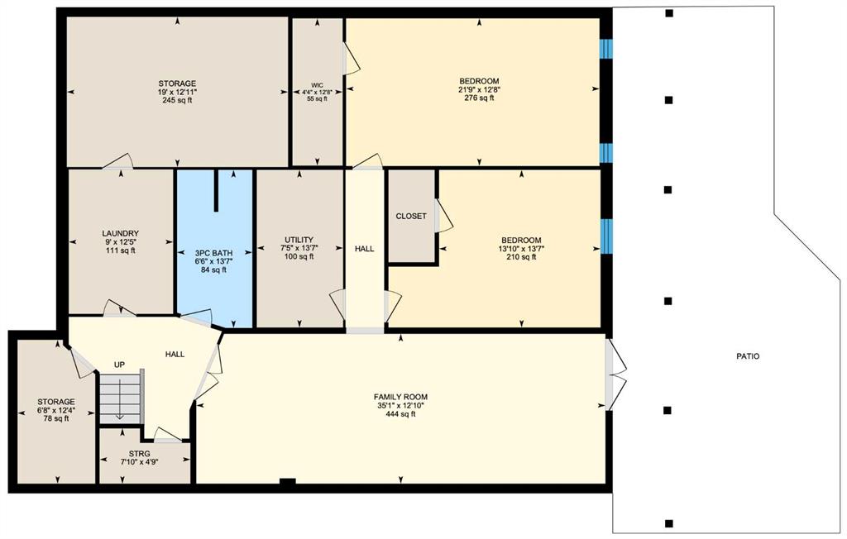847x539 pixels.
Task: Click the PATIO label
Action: click(748, 356)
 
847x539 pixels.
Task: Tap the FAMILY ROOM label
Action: click(400, 397)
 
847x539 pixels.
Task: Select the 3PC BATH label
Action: click(214, 253)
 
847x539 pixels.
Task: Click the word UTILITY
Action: click(299, 240)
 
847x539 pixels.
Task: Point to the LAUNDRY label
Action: click(121, 234)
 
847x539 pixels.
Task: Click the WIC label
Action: click(317, 85)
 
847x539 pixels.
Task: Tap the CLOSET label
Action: click(411, 216)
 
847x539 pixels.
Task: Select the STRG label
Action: click(139, 454)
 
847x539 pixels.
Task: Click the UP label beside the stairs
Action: click(119, 365)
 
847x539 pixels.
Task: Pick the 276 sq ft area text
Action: click(479, 98)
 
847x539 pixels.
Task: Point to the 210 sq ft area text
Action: click(521, 257)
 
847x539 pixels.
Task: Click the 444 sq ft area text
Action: click(400, 414)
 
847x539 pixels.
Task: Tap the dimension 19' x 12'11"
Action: click(177, 92)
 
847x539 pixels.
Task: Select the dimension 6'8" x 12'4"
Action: click(56, 411)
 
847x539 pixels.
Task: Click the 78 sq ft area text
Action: click(56, 418)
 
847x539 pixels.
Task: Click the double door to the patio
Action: click(615, 374)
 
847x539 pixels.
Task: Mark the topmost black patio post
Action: click(668, 13)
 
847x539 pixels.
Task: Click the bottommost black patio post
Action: click(668, 522)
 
